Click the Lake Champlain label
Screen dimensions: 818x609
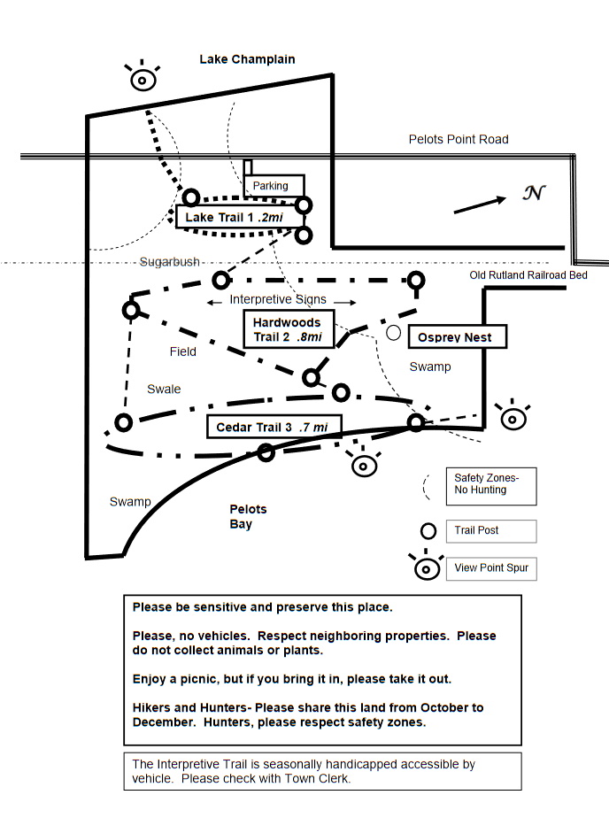(x=247, y=59)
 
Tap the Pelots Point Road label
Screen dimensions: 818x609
(x=458, y=139)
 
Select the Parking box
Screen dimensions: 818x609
(x=270, y=186)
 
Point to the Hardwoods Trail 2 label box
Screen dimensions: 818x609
(x=288, y=329)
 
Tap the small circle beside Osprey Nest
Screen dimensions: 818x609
(x=394, y=333)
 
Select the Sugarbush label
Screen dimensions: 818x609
(x=169, y=262)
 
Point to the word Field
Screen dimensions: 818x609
(x=183, y=351)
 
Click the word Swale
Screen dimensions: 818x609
(x=164, y=389)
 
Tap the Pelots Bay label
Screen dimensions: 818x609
(x=248, y=517)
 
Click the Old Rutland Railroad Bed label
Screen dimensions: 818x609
(x=528, y=275)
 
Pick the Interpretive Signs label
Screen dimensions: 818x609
(x=278, y=300)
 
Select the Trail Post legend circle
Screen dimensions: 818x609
(x=428, y=531)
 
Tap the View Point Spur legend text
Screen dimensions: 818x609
(x=490, y=567)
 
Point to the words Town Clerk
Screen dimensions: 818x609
(x=320, y=778)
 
